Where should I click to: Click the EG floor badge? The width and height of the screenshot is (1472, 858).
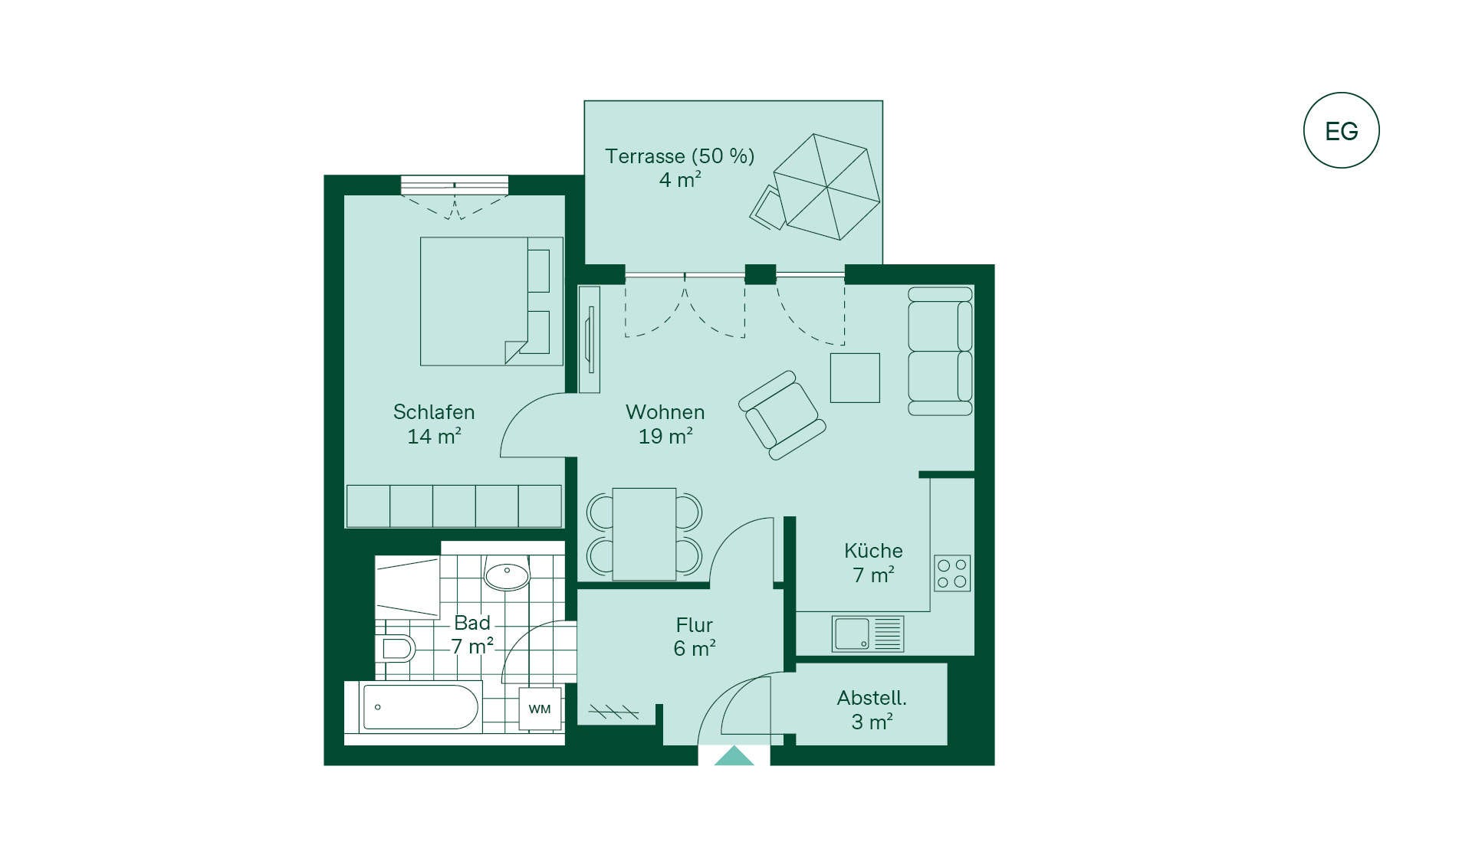(x=1341, y=130)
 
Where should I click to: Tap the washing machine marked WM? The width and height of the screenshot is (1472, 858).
(x=540, y=709)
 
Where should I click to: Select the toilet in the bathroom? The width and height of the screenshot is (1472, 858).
(x=396, y=648)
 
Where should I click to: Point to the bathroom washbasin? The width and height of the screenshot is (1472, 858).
(x=507, y=574)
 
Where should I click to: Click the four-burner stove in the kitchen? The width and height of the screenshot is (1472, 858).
(x=952, y=573)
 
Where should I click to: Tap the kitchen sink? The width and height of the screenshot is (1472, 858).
(x=868, y=634)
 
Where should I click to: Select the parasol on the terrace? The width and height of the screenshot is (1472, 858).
(x=826, y=187)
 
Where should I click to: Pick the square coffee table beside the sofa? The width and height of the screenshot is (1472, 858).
(x=855, y=378)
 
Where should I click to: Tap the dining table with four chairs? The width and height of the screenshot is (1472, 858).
(x=644, y=534)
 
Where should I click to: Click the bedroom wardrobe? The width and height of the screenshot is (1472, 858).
(x=454, y=506)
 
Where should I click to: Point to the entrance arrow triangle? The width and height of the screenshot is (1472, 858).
(x=734, y=755)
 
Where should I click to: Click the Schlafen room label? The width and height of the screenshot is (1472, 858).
(x=434, y=412)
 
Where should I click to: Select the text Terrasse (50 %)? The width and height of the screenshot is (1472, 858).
(x=680, y=156)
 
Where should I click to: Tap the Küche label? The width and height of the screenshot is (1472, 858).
(x=873, y=550)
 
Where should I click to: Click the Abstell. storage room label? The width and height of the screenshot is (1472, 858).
(x=872, y=698)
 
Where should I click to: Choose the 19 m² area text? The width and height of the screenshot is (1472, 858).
(x=665, y=437)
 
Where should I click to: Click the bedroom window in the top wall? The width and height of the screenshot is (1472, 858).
(x=455, y=185)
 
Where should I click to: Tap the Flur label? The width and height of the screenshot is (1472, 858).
(x=695, y=624)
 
